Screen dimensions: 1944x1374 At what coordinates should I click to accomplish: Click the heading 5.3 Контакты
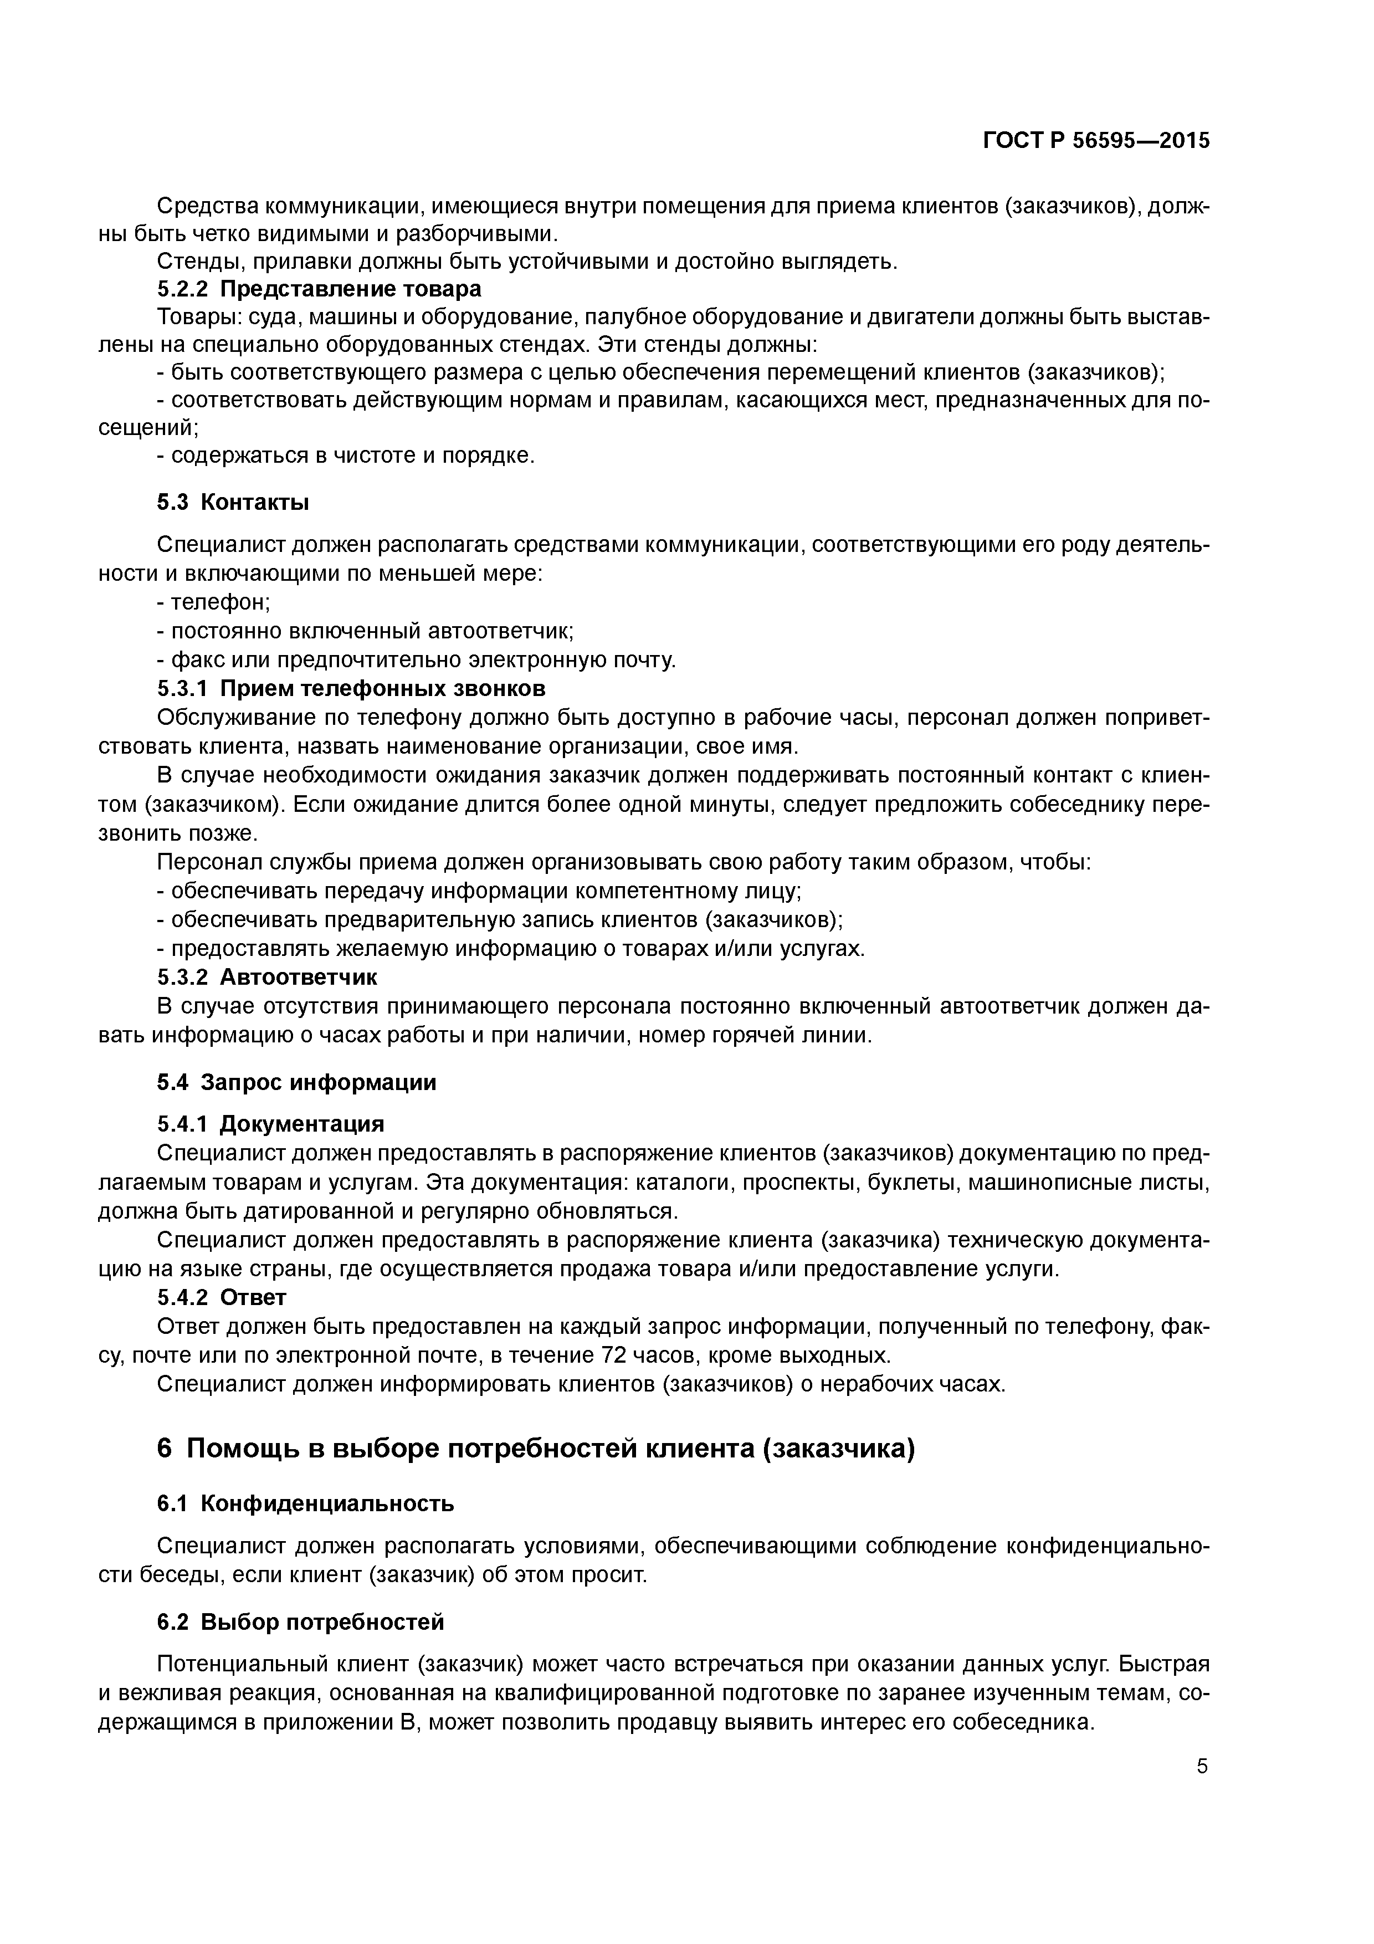tap(233, 502)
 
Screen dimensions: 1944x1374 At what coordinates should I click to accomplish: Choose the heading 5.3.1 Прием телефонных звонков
tap(351, 688)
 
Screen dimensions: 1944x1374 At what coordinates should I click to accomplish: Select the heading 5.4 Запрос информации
tap(296, 1082)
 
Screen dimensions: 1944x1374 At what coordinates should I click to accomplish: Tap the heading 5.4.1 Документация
tap(270, 1123)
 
